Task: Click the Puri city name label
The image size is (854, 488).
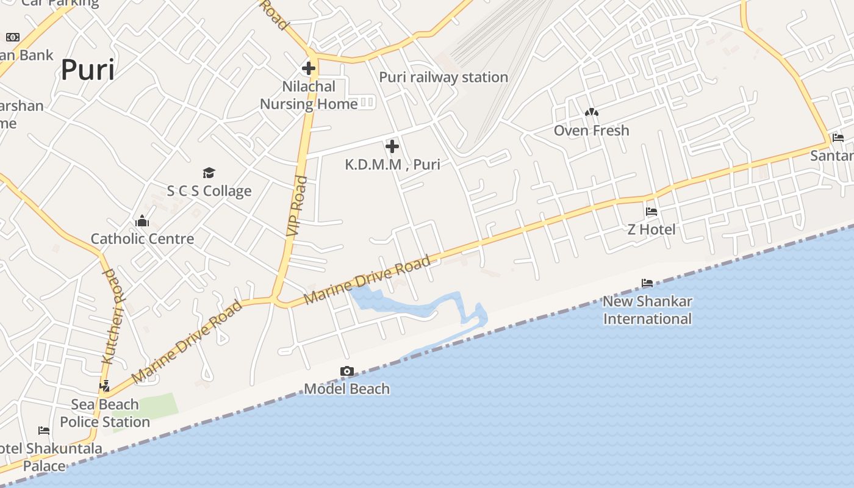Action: click(88, 70)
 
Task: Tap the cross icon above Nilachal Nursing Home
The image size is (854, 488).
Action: click(309, 68)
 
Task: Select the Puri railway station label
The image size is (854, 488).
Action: click(443, 77)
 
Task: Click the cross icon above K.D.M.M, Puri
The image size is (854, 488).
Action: click(392, 146)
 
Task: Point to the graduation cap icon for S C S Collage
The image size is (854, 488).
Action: click(209, 173)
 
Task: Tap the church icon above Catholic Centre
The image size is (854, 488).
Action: click(142, 220)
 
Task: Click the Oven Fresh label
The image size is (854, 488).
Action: click(591, 131)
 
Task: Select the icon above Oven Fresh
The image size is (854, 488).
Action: click(591, 112)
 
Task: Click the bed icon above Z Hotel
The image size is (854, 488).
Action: click(651, 212)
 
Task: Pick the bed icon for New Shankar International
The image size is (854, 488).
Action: click(647, 283)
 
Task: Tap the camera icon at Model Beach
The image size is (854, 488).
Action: click(346, 371)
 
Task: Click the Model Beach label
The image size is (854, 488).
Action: click(346, 389)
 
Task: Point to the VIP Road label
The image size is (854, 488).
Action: click(295, 206)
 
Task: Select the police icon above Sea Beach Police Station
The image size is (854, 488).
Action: click(104, 386)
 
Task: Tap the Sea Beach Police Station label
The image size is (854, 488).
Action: click(105, 413)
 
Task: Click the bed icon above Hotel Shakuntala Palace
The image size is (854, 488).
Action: click(44, 431)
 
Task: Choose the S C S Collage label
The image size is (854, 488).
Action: click(209, 191)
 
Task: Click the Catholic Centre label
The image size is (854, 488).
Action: click(142, 239)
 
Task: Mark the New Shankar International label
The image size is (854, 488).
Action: click(647, 310)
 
